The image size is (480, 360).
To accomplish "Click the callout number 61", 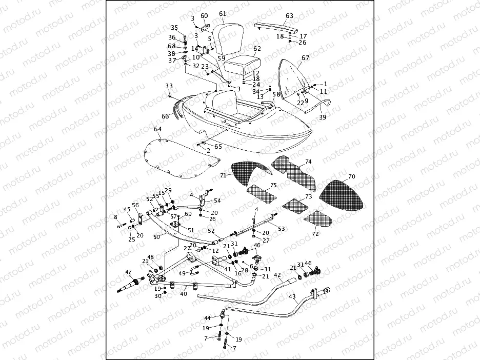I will [x=222, y=14].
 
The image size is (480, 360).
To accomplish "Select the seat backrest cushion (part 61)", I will [x=228, y=38].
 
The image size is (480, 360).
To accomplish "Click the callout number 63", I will [x=289, y=16].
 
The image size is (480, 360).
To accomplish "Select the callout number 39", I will [x=322, y=117].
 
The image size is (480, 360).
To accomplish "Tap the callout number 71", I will [x=223, y=175].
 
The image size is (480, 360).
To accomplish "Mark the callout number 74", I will [x=308, y=162].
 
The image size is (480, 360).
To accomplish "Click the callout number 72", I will [x=315, y=234].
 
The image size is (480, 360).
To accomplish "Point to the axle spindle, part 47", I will [x=133, y=284].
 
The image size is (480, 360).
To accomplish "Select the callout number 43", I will [x=292, y=297].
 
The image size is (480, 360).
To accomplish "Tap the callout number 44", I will [x=207, y=318].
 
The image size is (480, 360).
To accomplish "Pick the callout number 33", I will [x=169, y=86].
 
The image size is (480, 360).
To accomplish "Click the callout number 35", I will [x=174, y=28].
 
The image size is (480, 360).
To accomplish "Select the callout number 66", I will [x=166, y=116].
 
